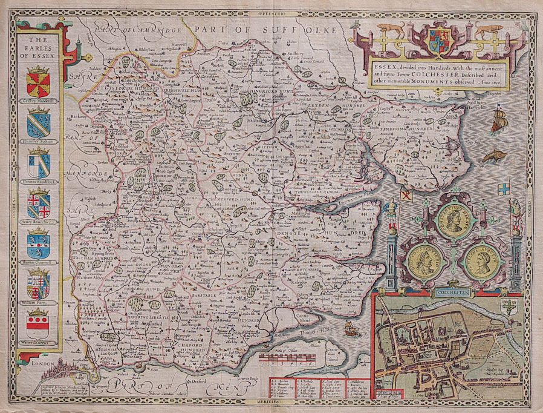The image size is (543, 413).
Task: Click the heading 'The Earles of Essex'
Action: pos(39,48)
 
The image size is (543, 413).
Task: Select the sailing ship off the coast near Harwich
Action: pos(498,119)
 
